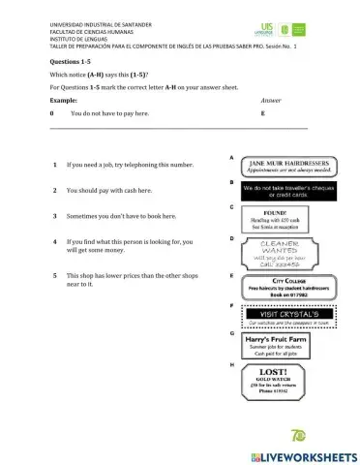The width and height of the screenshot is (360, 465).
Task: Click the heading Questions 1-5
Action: [72, 61]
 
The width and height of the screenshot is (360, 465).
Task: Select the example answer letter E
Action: [262, 113]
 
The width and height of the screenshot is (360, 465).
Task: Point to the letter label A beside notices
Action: [231, 156]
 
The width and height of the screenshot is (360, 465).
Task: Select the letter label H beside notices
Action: [231, 364]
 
